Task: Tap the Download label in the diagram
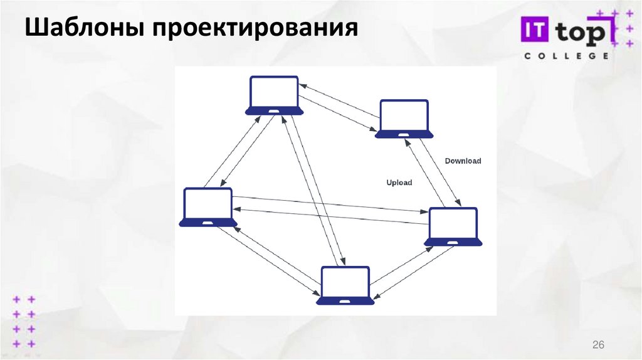click(x=463, y=161)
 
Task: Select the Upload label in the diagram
click(x=399, y=183)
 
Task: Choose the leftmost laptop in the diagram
click(x=208, y=207)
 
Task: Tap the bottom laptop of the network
click(x=345, y=286)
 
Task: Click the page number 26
click(x=598, y=346)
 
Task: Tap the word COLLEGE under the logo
click(x=566, y=56)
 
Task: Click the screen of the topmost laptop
click(x=274, y=92)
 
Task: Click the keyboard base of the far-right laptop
click(x=453, y=242)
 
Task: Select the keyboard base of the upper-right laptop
click(x=404, y=134)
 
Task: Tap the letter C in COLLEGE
click(x=527, y=56)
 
